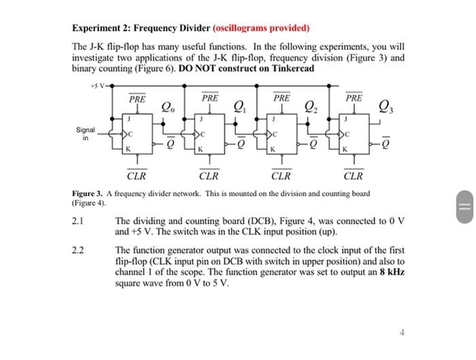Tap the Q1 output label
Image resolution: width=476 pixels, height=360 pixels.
(239, 105)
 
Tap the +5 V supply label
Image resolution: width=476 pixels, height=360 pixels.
(97, 86)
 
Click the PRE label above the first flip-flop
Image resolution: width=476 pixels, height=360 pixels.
(137, 99)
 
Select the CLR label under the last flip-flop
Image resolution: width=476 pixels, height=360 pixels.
(354, 176)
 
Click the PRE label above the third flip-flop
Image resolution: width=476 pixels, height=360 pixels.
(282, 99)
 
